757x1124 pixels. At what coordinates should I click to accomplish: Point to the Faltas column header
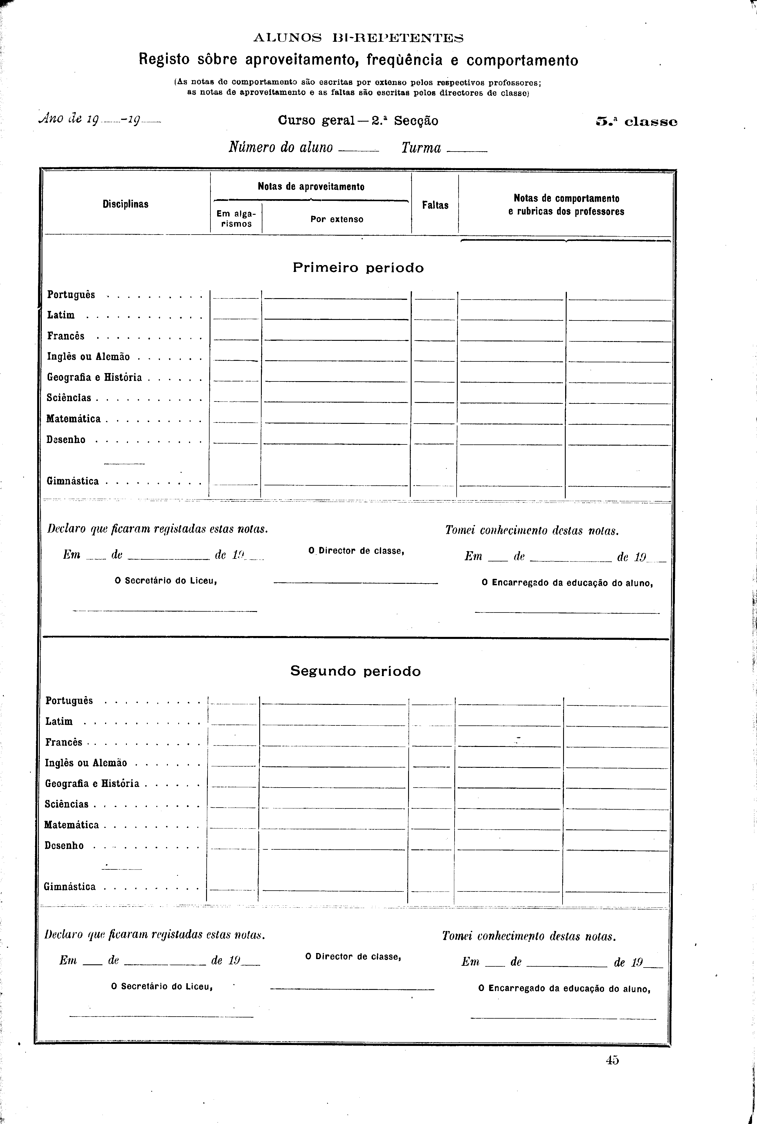coord(435,205)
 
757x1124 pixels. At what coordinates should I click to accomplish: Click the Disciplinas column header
coord(125,204)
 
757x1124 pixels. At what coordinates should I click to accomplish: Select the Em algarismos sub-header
coord(236,219)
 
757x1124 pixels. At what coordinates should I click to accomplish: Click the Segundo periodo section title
coord(355,671)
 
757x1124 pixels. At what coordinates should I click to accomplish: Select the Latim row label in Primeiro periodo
coord(61,315)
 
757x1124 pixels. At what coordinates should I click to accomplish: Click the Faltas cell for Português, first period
coord(435,295)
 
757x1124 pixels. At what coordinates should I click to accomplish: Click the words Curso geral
coord(316,121)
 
